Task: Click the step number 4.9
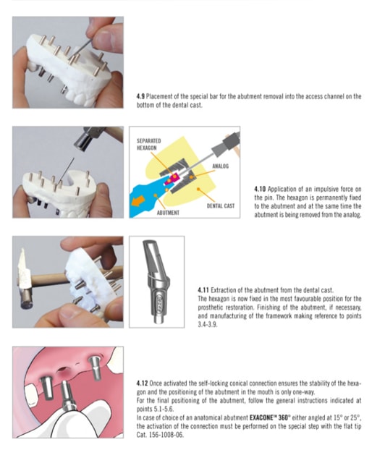coord(140,96)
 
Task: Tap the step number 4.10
coord(260,189)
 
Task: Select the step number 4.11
coord(203,290)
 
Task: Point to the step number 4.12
coord(142,383)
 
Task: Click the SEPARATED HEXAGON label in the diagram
coord(148,145)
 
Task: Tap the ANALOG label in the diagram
coord(221,166)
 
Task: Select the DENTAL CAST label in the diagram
coord(221,205)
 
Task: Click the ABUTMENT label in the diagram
coord(168,213)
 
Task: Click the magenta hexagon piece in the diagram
coord(172,179)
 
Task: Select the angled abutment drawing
coord(156,281)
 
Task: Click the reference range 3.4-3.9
coord(208,325)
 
